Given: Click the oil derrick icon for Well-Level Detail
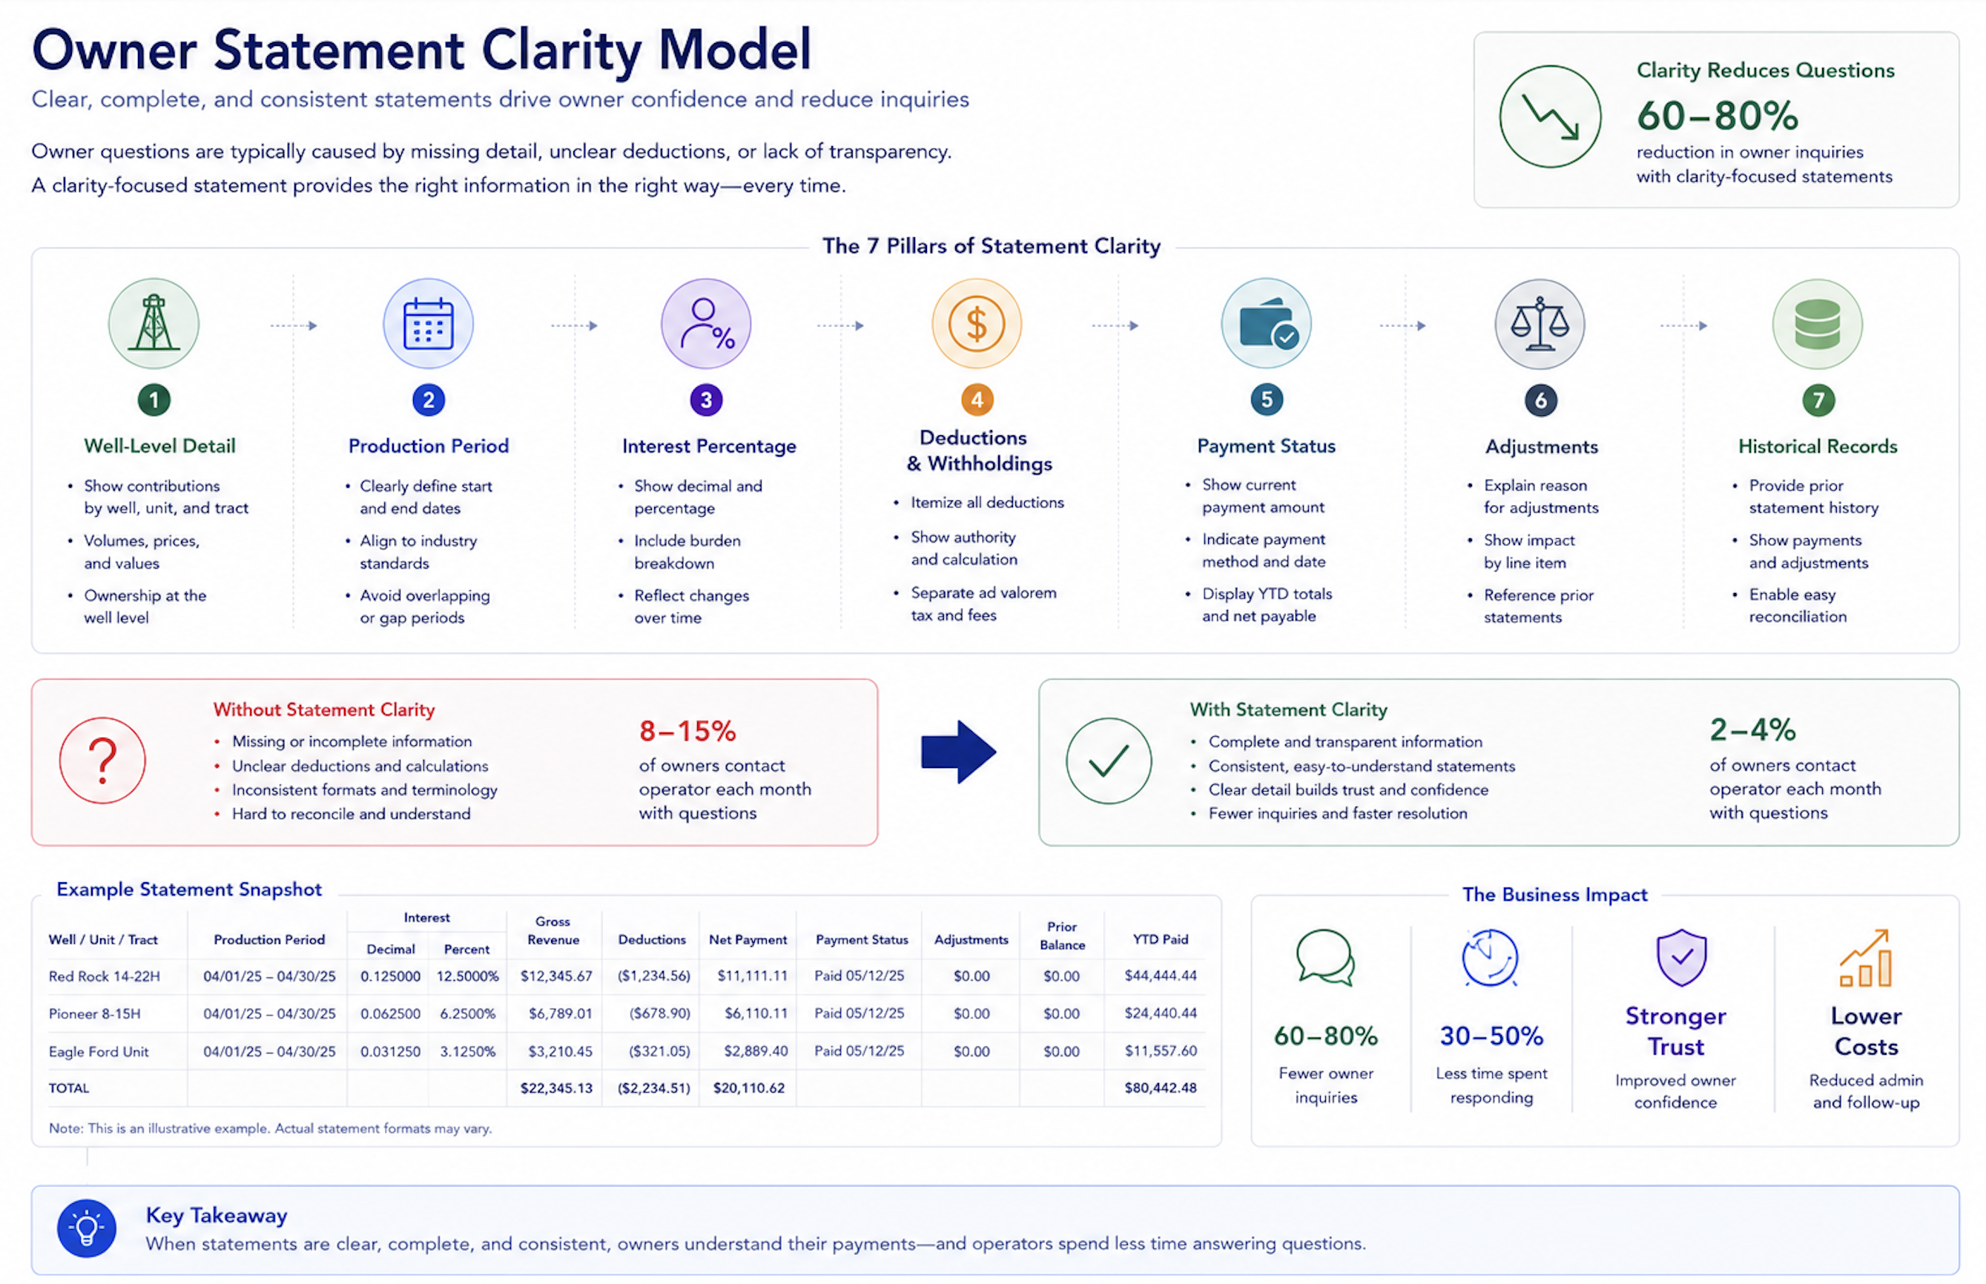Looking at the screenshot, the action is (154, 323).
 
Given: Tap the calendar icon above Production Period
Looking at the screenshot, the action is (428, 323).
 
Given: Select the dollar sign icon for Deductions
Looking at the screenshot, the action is (976, 323).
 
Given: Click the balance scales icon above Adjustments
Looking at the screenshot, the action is (1540, 324).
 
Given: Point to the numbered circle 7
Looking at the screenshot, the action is (1818, 400).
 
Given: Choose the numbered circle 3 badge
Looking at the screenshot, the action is (706, 400).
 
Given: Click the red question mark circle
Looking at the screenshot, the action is (102, 761).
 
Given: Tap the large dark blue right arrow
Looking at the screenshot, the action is (958, 752).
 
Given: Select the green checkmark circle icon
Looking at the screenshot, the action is (1109, 761).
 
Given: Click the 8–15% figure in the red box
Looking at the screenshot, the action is (687, 731).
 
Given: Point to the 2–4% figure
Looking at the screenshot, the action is (1752, 730).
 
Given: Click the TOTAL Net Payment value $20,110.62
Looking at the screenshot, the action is (748, 1088).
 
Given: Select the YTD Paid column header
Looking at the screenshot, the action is (1161, 940).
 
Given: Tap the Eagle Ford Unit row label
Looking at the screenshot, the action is (99, 1051).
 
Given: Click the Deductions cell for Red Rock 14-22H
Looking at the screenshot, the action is (654, 976).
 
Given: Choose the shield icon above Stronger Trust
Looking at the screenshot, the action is (1680, 957).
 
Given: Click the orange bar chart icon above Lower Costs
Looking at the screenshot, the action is (1865, 958).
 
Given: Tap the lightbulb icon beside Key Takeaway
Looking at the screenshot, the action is (87, 1228).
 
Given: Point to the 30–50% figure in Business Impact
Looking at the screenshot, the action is (1491, 1036).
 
